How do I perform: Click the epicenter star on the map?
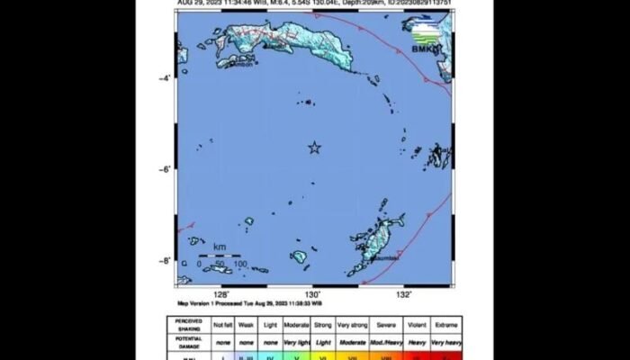[315, 148]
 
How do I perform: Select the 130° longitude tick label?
[312, 294]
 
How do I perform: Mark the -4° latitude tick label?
[164, 78]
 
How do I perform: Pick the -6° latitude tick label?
[164, 169]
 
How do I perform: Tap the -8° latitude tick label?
[164, 261]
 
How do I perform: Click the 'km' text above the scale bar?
[220, 245]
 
